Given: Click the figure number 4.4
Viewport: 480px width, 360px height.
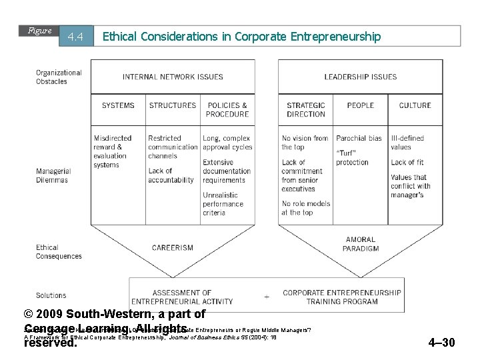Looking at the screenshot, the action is tap(75, 37).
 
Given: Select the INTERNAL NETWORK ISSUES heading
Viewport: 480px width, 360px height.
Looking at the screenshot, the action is tap(173, 77).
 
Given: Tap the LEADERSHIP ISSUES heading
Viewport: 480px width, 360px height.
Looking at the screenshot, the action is tap(360, 77).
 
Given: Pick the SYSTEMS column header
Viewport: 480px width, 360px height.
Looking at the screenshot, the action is tap(118, 105).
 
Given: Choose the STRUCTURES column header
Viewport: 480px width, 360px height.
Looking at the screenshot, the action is tap(173, 105).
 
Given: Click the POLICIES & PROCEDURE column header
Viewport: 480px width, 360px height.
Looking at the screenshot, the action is tap(227, 109).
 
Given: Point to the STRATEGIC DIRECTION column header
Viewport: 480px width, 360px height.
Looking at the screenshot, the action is tap(307, 109).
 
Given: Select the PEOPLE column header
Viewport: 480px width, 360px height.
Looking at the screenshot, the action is tap(361, 105).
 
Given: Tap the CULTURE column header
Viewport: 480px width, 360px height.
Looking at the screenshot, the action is tap(415, 105).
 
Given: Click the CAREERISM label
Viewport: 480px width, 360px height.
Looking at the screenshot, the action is tap(173, 248).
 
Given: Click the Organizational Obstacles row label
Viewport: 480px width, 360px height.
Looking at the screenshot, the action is tap(59, 77).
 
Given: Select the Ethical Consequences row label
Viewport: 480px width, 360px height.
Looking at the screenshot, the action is tap(59, 252).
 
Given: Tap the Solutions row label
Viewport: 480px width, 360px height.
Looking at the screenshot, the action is tap(51, 295).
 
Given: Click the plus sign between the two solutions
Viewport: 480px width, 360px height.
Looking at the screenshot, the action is tap(267, 296).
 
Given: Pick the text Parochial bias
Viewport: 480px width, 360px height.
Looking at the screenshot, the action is tap(359, 139).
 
